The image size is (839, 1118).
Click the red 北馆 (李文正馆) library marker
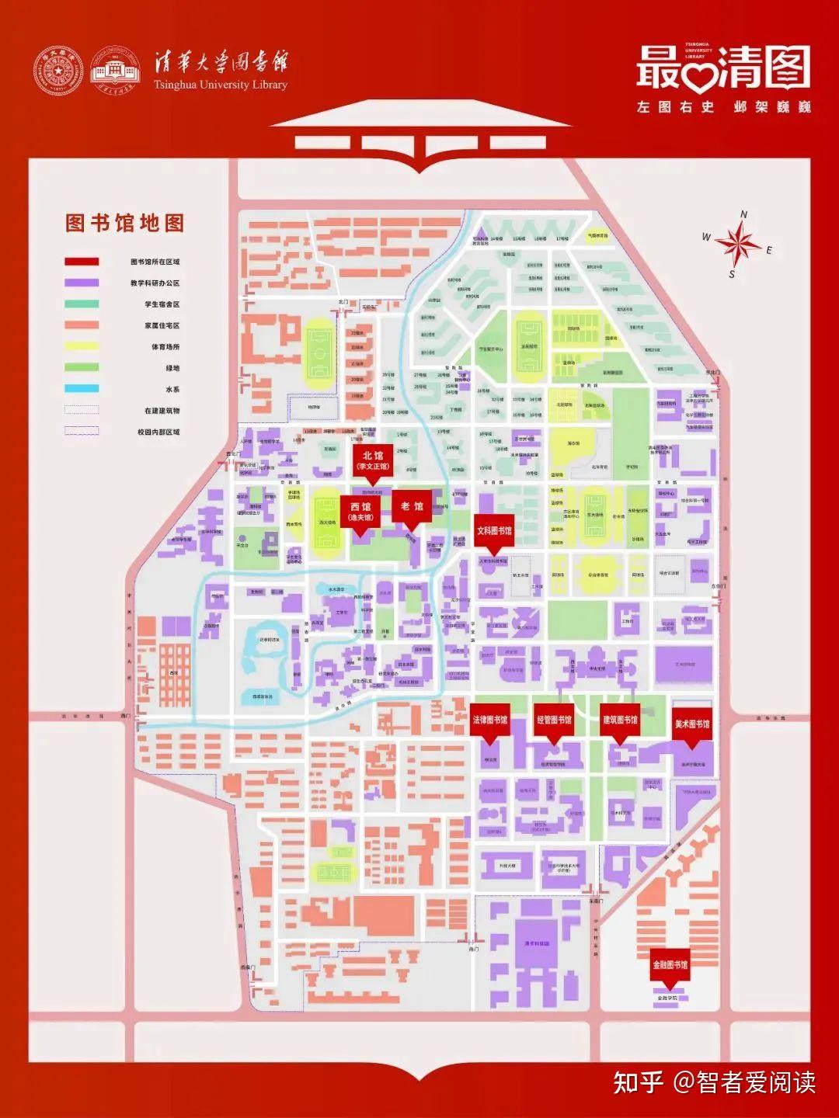(373, 460)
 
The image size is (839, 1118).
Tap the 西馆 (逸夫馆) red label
(360, 512)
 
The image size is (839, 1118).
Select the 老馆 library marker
(412, 507)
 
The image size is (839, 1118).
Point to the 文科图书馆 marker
(494, 531)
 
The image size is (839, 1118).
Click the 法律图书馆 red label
(490, 720)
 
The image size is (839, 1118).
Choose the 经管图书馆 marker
(554, 720)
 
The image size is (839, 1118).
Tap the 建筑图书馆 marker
(620, 720)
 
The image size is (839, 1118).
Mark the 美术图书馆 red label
(691, 724)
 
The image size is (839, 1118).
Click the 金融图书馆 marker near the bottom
(670, 965)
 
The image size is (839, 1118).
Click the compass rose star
(738, 244)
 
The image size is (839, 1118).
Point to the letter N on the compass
(743, 215)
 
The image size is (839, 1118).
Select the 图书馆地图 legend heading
(124, 224)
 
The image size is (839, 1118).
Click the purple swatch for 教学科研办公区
(82, 283)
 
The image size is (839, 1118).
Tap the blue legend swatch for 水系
(82, 389)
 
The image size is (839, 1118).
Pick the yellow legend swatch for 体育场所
(82, 346)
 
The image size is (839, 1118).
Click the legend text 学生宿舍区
(162, 304)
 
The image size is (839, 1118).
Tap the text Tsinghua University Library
(221, 85)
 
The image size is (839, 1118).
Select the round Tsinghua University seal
(57, 71)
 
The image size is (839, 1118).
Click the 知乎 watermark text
(639, 1082)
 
